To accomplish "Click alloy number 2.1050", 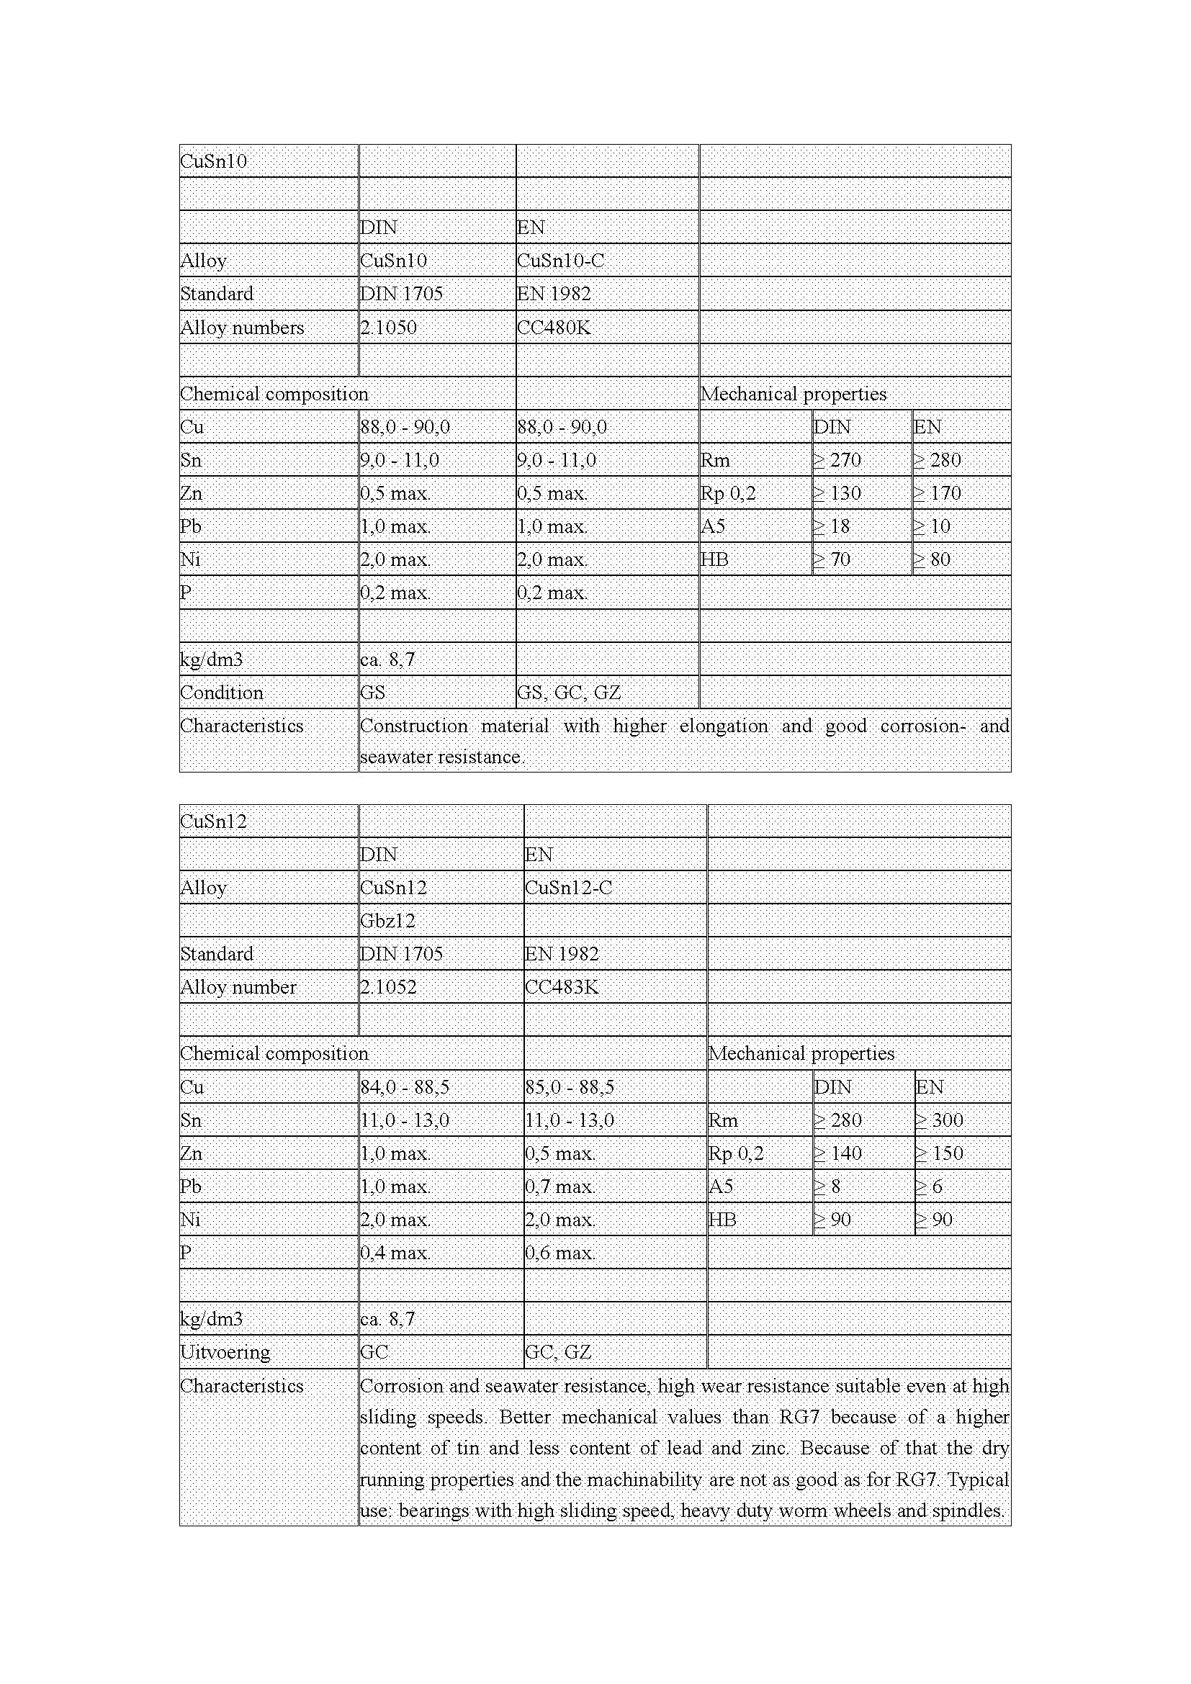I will pyautogui.click(x=388, y=327).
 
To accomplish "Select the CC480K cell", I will pyautogui.click(x=553, y=327).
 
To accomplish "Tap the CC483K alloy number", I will pyautogui.click(x=561, y=987).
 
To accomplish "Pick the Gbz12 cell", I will pyautogui.click(x=388, y=921).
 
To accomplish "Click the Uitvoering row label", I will pyautogui.click(x=225, y=1352).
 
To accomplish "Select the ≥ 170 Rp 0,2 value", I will pyautogui.click(x=937, y=493).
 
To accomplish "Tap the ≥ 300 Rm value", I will pyautogui.click(x=940, y=1120).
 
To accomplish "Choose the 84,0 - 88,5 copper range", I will pyautogui.click(x=404, y=1087).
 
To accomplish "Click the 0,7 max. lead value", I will pyautogui.click(x=559, y=1186).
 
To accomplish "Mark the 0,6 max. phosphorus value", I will pyautogui.click(x=559, y=1253).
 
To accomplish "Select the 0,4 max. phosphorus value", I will pyautogui.click(x=395, y=1253).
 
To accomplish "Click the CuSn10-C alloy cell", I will pyautogui.click(x=560, y=261).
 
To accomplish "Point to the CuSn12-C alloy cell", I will pyautogui.click(x=568, y=888).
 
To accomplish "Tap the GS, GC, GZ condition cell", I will pyautogui.click(x=569, y=693).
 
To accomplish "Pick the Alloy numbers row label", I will pyautogui.click(x=242, y=327).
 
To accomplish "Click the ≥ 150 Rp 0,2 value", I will pyautogui.click(x=940, y=1153).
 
